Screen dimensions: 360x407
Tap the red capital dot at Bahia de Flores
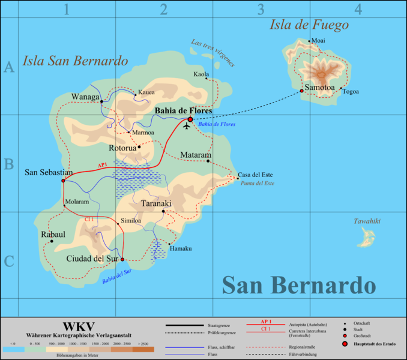pos(190,119)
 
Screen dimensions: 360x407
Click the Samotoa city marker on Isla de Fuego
pos(301,91)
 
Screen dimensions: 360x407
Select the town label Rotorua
pos(123,148)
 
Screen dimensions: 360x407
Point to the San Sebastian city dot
pos(62,181)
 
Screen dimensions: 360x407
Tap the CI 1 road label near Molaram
pos(89,220)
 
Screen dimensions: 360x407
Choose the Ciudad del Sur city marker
pos(122,260)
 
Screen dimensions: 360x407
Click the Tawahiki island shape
pos(363,241)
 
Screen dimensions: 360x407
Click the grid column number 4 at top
pos(358,9)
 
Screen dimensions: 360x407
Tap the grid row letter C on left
pos(9,262)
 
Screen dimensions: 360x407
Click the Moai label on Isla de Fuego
pos(318,41)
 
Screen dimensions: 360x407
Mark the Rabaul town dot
pos(52,241)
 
